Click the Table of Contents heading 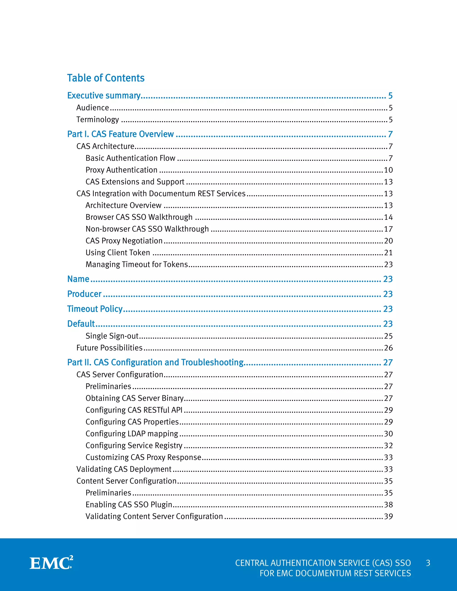click(x=106, y=78)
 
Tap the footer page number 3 click(x=428, y=563)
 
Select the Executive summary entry click(x=104, y=95)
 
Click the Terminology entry click(x=98, y=119)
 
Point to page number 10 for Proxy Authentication click(x=388, y=170)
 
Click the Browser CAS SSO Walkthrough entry click(x=139, y=217)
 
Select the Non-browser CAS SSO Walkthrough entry click(x=147, y=229)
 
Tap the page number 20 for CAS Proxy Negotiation click(x=388, y=241)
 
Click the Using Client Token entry click(x=118, y=252)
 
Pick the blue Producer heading click(x=84, y=294)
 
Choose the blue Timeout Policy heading click(x=95, y=309)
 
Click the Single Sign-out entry click(x=112, y=336)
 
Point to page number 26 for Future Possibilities click(x=388, y=348)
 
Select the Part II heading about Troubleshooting click(x=155, y=362)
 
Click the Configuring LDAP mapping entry click(x=132, y=434)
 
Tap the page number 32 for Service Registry click(x=388, y=445)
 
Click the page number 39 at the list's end click(x=388, y=516)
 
